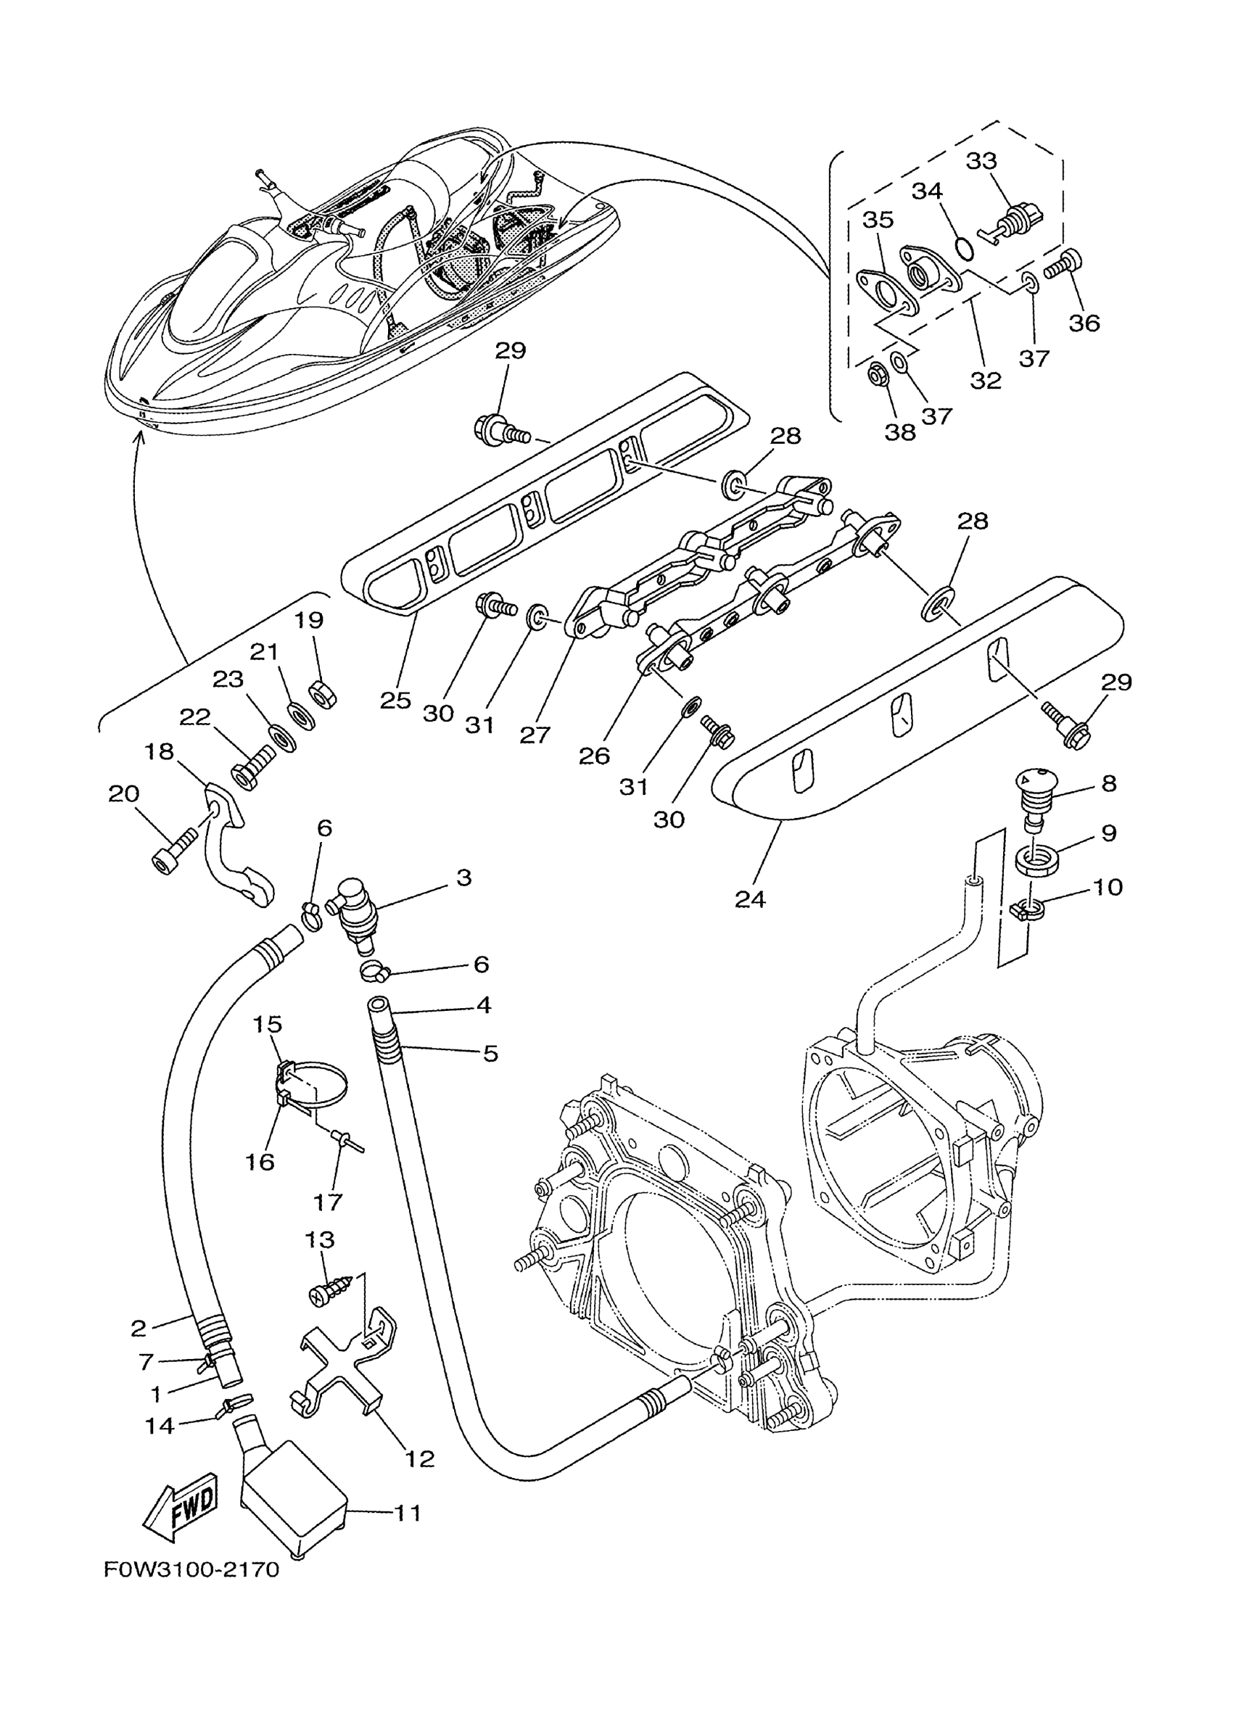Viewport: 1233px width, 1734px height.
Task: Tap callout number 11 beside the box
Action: point(408,1513)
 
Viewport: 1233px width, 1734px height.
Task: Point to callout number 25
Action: point(395,700)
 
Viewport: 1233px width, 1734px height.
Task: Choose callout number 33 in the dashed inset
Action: point(981,161)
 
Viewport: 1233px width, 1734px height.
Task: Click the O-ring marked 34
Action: point(963,248)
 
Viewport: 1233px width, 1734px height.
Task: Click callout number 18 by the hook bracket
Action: point(160,751)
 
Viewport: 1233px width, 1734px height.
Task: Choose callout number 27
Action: point(535,734)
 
